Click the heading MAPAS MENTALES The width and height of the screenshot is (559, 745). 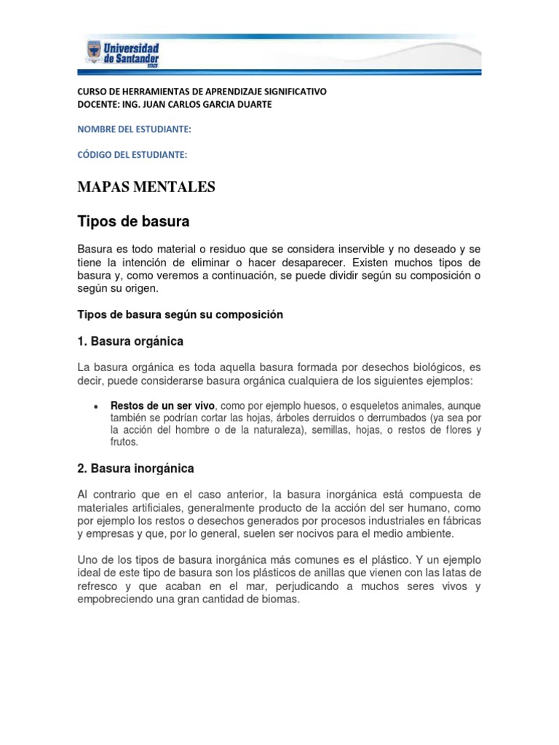point(146,187)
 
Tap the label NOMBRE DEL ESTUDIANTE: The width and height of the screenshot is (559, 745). point(134,129)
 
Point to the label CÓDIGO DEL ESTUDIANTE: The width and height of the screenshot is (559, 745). point(132,154)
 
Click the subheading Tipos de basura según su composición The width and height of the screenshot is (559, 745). point(180,314)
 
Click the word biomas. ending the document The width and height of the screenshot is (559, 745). point(279,600)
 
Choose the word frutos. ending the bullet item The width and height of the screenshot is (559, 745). point(124,442)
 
